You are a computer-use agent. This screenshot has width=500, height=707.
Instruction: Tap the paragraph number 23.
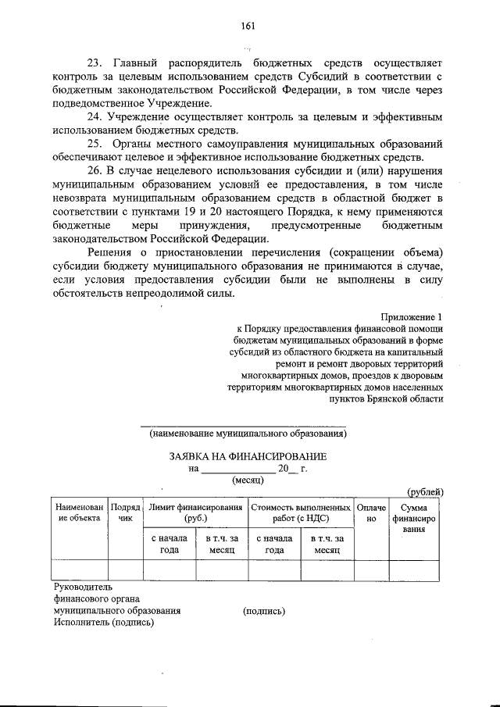pyautogui.click(x=96, y=62)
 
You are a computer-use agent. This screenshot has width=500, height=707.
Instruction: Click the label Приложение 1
pyautogui.click(x=412, y=317)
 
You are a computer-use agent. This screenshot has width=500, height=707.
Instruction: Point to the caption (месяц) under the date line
pyautogui.click(x=248, y=481)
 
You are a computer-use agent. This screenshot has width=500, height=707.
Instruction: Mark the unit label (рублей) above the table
pyautogui.click(x=426, y=491)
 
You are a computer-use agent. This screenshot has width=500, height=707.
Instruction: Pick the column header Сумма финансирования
pyautogui.click(x=419, y=517)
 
